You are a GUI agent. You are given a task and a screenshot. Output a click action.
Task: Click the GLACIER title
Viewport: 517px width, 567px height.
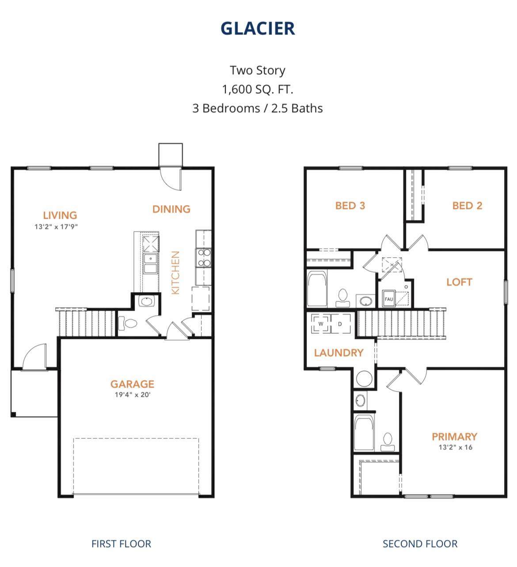(258, 29)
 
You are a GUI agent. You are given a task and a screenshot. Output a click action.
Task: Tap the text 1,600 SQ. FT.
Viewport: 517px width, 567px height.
(258, 89)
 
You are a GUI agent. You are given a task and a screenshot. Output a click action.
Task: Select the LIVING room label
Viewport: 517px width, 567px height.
(60, 215)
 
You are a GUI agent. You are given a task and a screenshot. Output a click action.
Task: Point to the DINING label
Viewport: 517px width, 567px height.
(171, 209)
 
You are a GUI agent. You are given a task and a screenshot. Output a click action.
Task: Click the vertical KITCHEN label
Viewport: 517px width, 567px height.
(175, 273)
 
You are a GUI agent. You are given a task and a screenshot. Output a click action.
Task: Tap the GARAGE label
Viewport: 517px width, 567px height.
(132, 384)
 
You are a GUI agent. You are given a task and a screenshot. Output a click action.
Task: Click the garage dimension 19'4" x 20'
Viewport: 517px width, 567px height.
(133, 395)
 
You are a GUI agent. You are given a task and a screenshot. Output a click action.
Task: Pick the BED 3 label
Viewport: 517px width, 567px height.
(350, 205)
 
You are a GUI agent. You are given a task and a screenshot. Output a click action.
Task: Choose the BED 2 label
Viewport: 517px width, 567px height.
(467, 205)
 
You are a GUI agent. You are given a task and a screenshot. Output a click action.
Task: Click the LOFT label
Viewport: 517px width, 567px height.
(460, 282)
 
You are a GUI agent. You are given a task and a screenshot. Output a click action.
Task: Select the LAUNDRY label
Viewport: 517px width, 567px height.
(338, 353)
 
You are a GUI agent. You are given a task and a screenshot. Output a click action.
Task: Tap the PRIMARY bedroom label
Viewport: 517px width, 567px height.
(455, 437)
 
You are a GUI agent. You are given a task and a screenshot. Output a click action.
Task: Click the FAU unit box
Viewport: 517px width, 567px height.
(389, 299)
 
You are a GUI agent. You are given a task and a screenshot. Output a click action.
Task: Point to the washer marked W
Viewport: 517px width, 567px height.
(321, 324)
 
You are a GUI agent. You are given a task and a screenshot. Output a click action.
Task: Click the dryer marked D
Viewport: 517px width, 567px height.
(340, 324)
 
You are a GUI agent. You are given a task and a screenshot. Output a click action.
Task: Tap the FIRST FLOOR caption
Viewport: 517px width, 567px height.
(121, 544)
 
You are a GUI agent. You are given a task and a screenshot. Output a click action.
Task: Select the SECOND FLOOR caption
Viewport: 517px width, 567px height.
(420, 544)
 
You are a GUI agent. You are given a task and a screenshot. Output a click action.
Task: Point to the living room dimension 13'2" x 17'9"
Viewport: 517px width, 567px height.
(56, 227)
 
